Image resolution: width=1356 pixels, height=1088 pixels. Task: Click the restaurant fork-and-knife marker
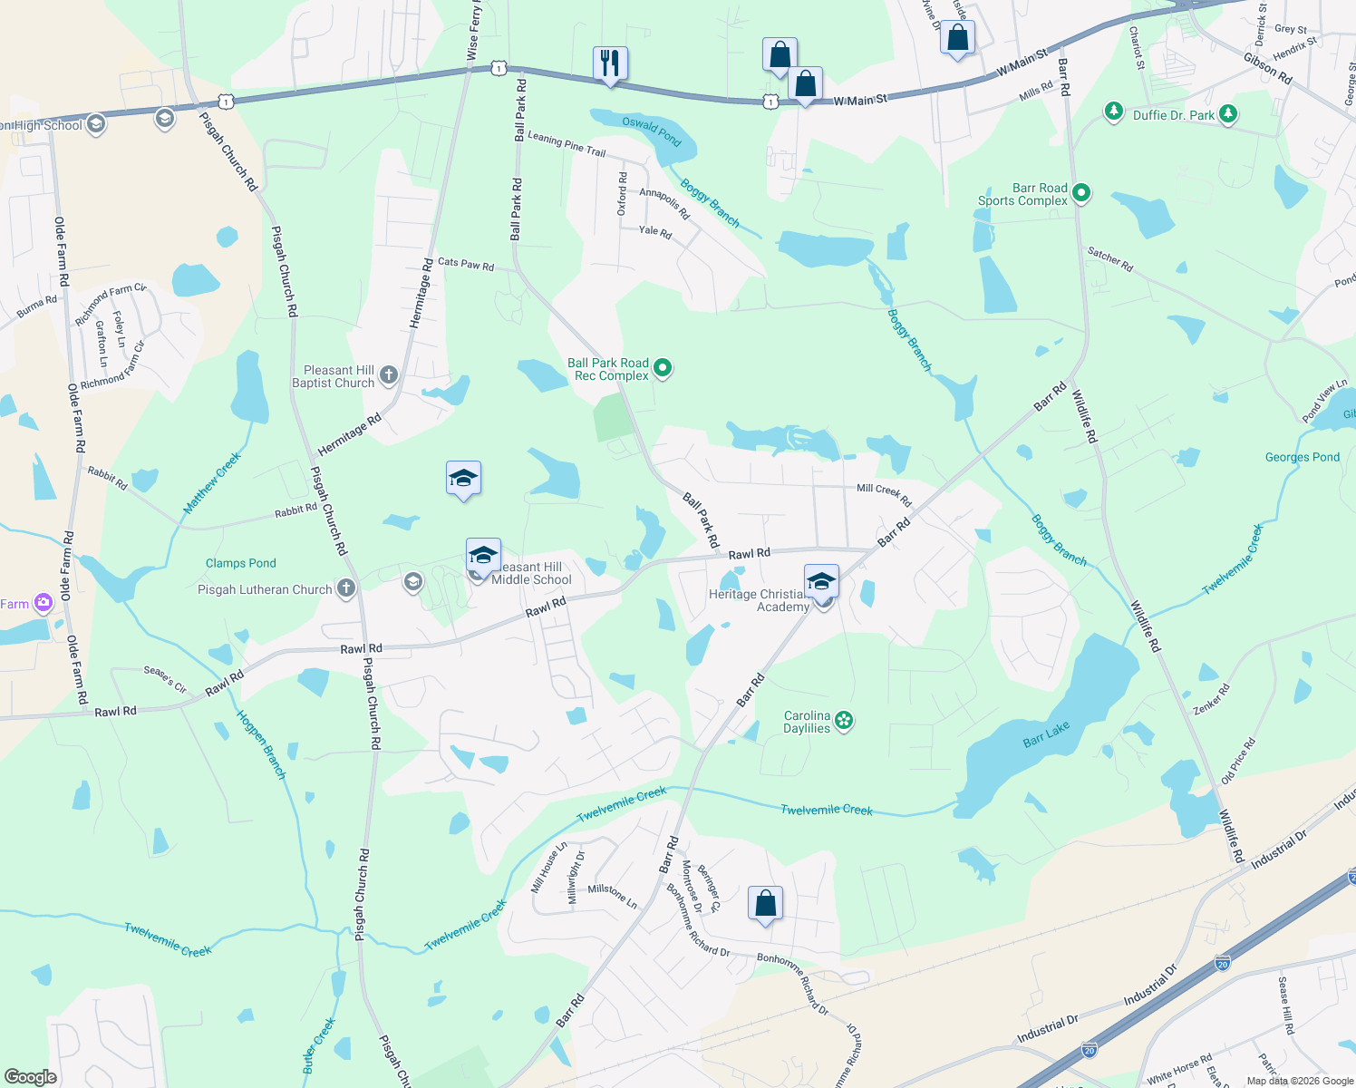[x=610, y=63]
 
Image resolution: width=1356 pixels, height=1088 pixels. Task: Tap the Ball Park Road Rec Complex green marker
[x=663, y=368]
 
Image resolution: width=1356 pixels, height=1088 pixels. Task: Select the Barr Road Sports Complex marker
[x=1080, y=193]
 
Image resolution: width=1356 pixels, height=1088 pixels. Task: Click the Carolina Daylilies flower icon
[x=845, y=721]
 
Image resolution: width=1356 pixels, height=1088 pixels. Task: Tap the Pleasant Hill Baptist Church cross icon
[x=389, y=374]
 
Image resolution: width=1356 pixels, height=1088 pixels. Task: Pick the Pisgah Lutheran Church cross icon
[x=345, y=589]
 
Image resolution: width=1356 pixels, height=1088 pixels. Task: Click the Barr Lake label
[x=1046, y=734]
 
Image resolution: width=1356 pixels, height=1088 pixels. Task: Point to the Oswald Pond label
[x=651, y=131]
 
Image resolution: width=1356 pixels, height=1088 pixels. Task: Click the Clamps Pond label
[x=240, y=563]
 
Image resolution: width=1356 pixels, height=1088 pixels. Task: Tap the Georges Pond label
[x=1302, y=457]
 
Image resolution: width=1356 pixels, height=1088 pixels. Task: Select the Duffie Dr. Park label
[x=1173, y=115]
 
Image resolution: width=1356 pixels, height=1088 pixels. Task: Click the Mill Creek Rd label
[x=884, y=494]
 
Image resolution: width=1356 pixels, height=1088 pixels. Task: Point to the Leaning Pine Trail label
[x=567, y=144]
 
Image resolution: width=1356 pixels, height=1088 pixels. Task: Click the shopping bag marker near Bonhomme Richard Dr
[x=765, y=904]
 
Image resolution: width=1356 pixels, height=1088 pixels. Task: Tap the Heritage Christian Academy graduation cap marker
[x=821, y=582]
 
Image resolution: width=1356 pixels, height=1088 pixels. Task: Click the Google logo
[x=31, y=1076]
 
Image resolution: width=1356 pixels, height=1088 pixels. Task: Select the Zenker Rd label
[x=1211, y=699]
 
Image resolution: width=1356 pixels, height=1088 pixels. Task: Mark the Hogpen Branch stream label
[x=261, y=744]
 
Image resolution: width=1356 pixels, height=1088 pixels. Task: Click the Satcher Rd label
[x=1110, y=260]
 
